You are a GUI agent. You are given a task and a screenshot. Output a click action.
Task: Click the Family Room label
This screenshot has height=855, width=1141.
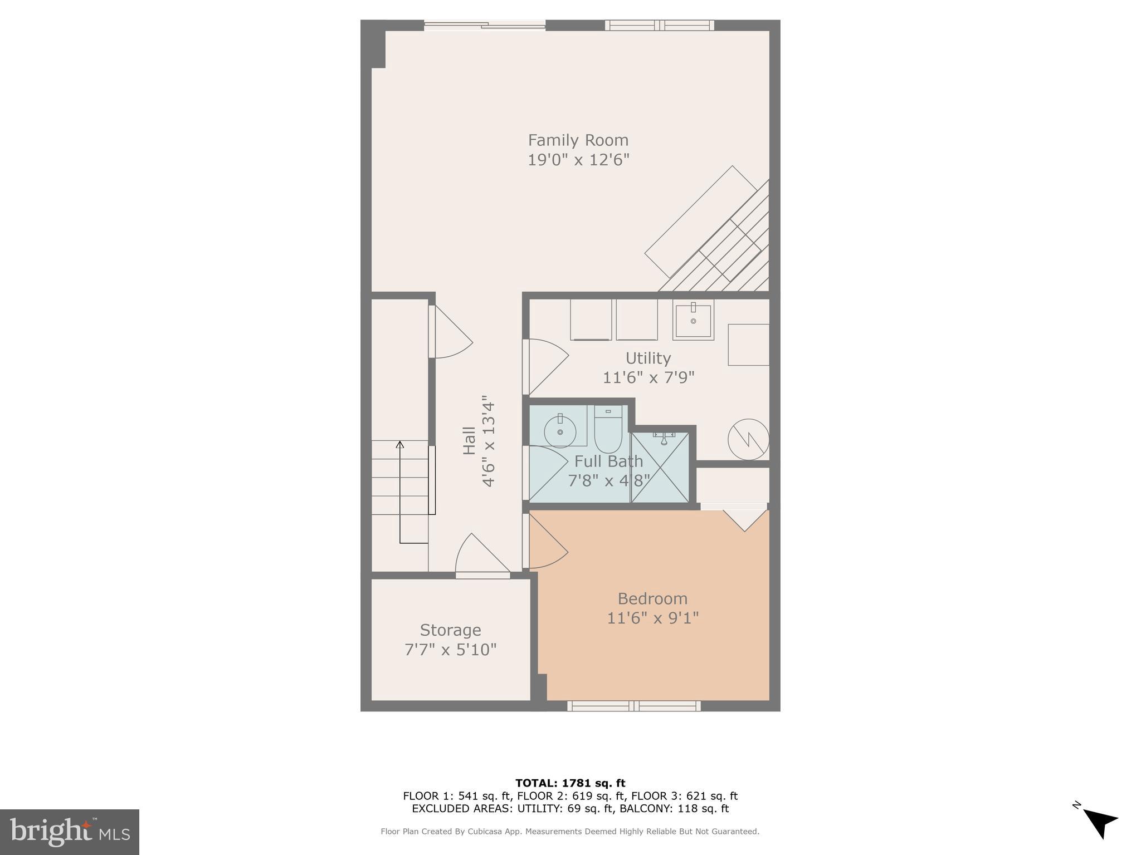pyautogui.click(x=578, y=140)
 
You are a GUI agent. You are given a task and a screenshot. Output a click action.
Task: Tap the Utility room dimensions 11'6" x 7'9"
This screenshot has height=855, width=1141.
pyautogui.click(x=648, y=378)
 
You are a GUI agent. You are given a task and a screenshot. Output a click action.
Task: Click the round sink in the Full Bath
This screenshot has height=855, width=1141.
pyautogui.click(x=559, y=432)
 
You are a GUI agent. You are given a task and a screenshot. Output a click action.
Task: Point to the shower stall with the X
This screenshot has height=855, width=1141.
pyautogui.click(x=660, y=468)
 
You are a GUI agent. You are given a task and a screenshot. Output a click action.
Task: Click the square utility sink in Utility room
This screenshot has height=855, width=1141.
pyautogui.click(x=693, y=320)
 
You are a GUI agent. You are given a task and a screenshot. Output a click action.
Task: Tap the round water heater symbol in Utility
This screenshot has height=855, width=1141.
pyautogui.click(x=748, y=439)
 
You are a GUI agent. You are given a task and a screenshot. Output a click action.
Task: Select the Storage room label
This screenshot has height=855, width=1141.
pyautogui.click(x=450, y=630)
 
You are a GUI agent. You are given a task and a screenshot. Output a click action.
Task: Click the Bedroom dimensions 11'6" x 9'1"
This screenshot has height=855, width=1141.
pyautogui.click(x=652, y=618)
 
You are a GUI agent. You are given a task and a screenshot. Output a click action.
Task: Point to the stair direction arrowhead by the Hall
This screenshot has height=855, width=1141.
pyautogui.click(x=399, y=444)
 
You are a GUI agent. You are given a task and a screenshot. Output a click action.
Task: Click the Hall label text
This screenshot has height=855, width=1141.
pyautogui.click(x=470, y=441)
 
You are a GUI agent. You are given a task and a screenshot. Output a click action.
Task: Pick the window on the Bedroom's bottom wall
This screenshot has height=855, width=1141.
pyautogui.click(x=633, y=706)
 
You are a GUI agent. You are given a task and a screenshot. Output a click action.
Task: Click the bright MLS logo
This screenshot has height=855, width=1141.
pyautogui.click(x=70, y=832)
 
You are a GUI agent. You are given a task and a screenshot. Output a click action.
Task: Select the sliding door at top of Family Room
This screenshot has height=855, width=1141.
pyautogui.click(x=484, y=24)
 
